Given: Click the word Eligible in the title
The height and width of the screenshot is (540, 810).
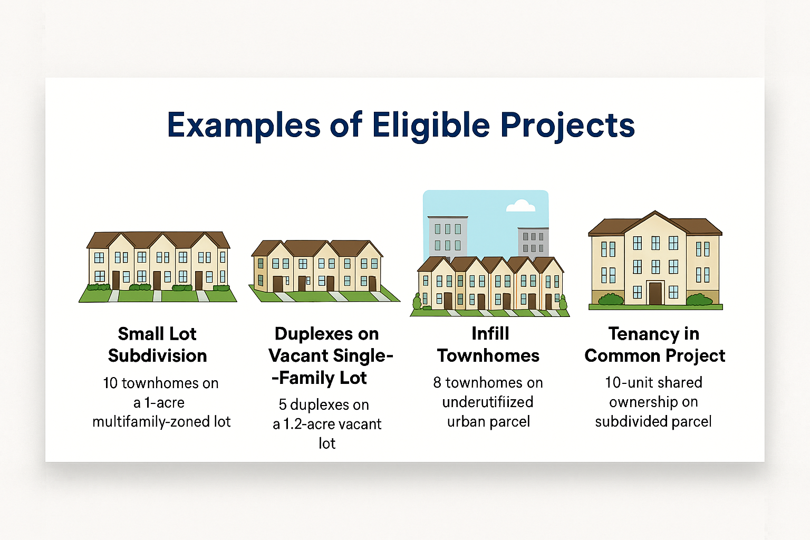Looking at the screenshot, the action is click(431, 125).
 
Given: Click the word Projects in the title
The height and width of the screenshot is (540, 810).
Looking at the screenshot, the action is click(568, 126).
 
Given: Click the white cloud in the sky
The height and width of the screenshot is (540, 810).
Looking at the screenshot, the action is click(520, 206).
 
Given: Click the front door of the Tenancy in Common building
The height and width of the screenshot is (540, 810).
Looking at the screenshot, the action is click(655, 293).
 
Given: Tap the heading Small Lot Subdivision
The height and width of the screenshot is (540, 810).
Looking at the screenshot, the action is click(157, 344).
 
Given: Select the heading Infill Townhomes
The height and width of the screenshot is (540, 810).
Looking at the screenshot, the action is click(488, 344).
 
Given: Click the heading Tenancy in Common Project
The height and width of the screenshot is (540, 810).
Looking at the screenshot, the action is click(655, 344).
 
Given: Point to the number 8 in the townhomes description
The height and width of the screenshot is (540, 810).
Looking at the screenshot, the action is click(437, 383).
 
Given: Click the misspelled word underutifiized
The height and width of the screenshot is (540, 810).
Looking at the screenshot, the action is click(488, 402).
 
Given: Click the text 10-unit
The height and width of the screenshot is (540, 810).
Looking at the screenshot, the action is click(629, 382).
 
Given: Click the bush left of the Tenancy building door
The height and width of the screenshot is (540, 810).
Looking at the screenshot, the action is click(611, 299).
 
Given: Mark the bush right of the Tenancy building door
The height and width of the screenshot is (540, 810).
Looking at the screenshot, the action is click(700, 300).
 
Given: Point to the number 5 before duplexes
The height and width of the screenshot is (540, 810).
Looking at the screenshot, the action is click(283, 404).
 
